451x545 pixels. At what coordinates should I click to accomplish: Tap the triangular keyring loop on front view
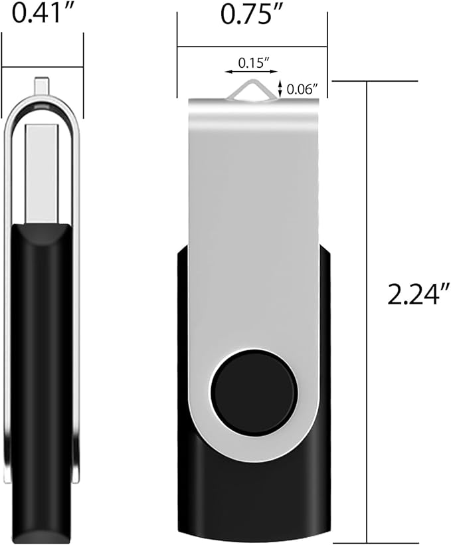(252, 90)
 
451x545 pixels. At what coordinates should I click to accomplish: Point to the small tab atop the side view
(41, 86)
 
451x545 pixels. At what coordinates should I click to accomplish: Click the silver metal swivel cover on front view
(256, 233)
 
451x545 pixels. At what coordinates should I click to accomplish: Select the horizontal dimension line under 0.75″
(252, 47)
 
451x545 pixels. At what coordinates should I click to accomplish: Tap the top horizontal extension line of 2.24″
(375, 81)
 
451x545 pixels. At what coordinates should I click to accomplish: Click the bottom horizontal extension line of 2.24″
(375, 542)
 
